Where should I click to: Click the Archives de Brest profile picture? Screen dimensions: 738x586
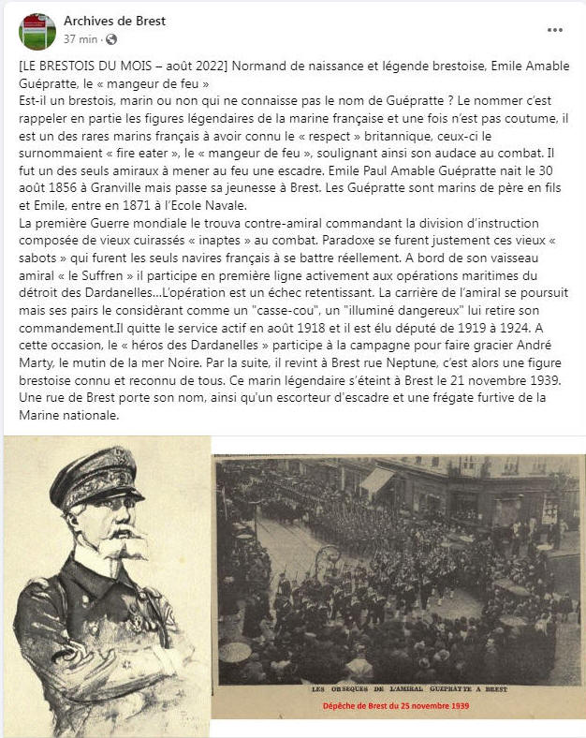(37, 31)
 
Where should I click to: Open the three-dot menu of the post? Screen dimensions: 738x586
(555, 30)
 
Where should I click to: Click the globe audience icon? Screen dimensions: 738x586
(112, 39)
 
